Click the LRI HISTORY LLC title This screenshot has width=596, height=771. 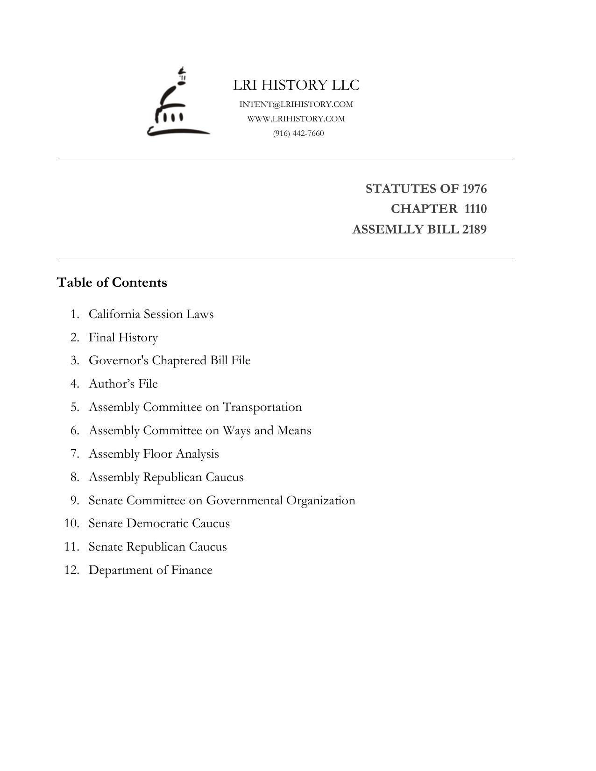(296, 85)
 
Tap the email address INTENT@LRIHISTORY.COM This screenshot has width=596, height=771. (296, 104)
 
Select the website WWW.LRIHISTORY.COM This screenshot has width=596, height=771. (296, 119)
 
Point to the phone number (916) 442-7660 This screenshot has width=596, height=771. (298, 133)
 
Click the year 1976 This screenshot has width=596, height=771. (474, 189)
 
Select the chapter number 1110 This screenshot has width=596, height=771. (475, 209)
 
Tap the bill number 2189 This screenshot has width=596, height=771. (474, 229)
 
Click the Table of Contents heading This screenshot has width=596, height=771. (112, 283)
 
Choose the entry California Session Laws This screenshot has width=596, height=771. (151, 314)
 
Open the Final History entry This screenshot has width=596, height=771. (123, 337)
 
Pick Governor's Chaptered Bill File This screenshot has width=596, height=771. (170, 361)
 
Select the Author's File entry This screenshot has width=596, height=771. (123, 383)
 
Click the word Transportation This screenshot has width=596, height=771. (262, 407)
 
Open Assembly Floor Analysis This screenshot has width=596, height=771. (154, 453)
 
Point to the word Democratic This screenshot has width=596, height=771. (165, 523)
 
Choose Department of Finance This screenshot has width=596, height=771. (150, 570)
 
